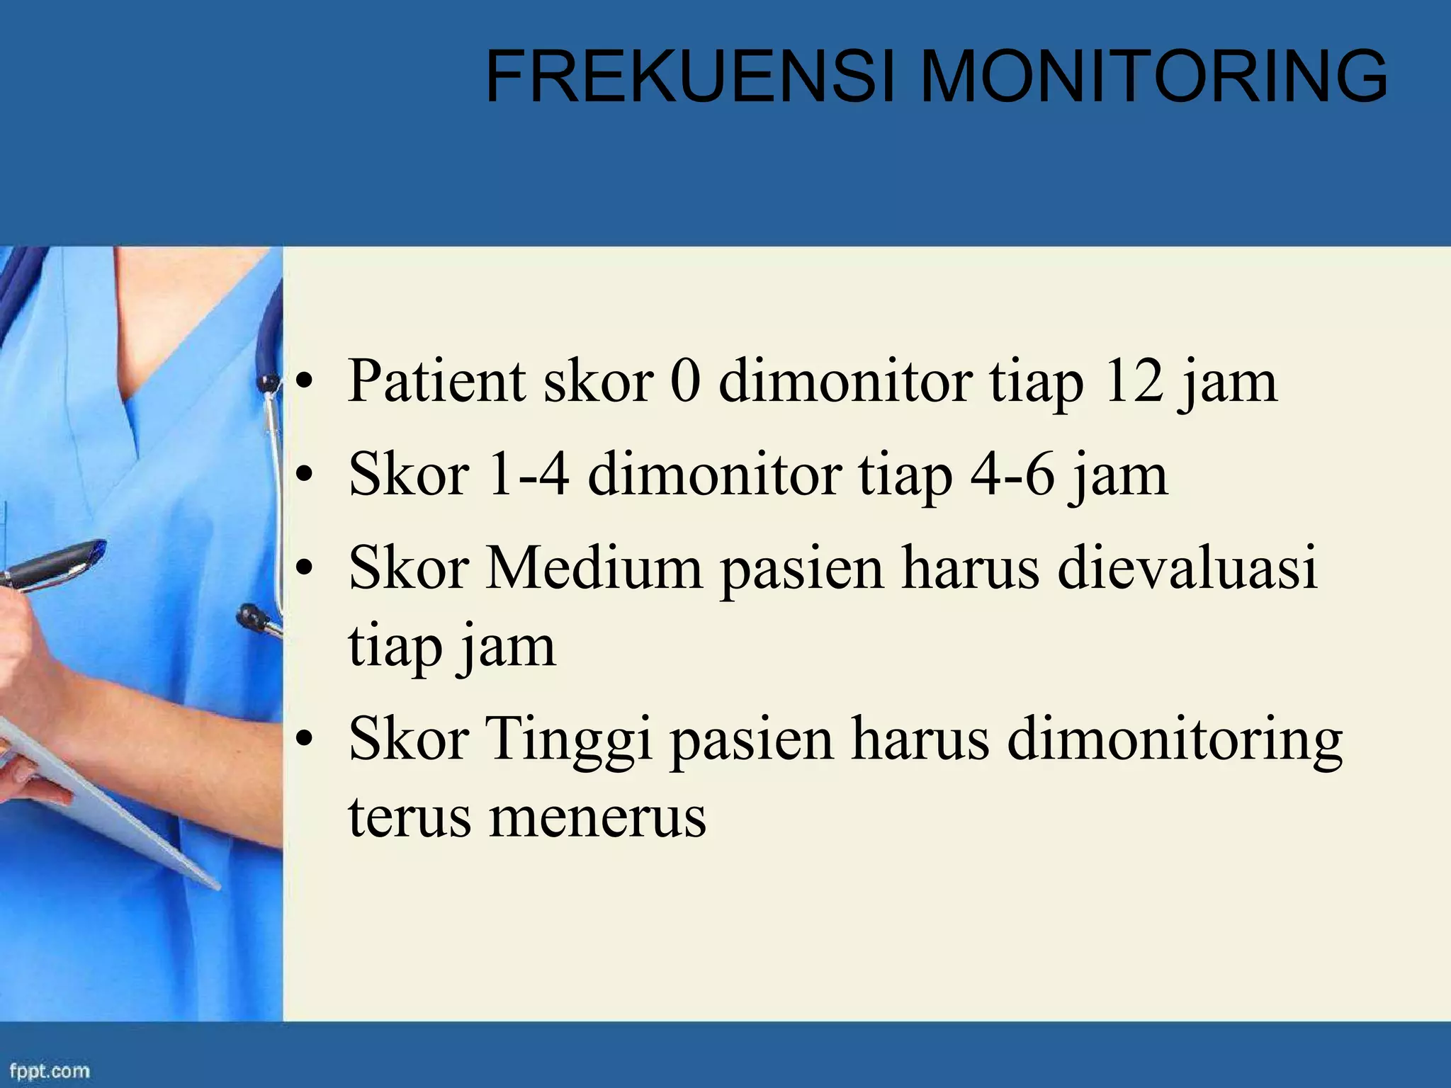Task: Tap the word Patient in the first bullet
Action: pos(436,382)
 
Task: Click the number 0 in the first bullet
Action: pos(686,382)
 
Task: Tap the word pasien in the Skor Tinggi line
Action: pos(752,741)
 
